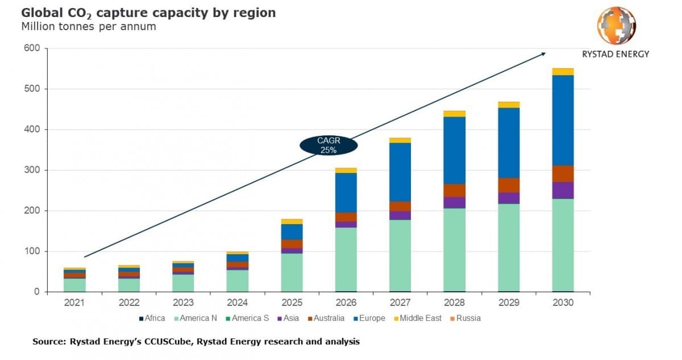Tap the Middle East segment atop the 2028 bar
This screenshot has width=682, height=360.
tap(455, 114)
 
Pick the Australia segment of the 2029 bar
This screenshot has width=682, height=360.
tap(509, 185)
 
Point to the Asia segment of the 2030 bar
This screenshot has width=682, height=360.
tap(563, 190)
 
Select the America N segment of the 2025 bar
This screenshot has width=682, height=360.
tap(292, 272)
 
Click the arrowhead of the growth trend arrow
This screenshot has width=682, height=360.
tap(543, 54)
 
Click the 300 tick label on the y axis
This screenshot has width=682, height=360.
tap(32, 170)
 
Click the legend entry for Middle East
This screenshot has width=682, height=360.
tap(420, 318)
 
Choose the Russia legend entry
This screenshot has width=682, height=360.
tap(468, 318)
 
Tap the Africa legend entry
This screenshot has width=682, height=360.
tap(153, 318)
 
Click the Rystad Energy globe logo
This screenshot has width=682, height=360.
tap(616, 26)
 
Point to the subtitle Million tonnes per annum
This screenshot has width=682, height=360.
tap(88, 27)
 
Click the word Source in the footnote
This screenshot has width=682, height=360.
tap(48, 342)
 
